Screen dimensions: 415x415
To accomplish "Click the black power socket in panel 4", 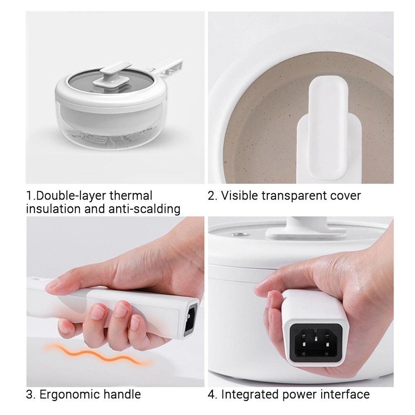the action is (x=316, y=343).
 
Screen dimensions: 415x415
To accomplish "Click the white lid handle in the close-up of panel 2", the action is (x=328, y=127).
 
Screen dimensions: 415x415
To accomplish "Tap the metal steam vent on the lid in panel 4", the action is (x=238, y=234).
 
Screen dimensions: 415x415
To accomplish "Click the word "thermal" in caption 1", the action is (x=131, y=196).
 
